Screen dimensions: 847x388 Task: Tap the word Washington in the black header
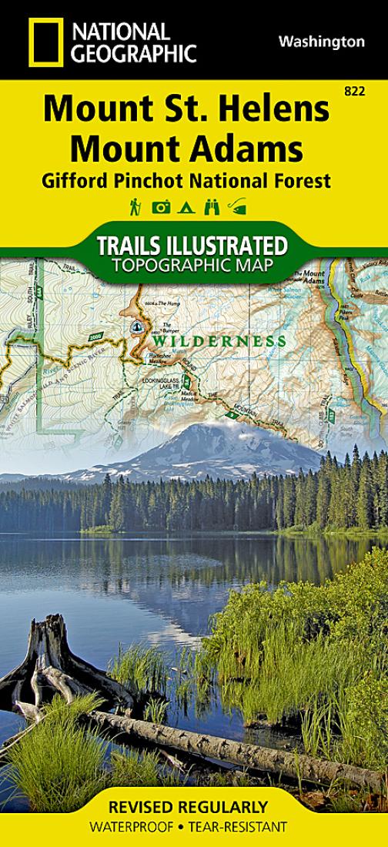(x=322, y=42)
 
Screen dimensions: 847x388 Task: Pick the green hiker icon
(x=135, y=206)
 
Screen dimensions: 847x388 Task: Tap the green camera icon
(x=162, y=206)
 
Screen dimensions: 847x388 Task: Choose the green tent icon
(x=186, y=206)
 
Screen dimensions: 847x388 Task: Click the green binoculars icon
(x=212, y=206)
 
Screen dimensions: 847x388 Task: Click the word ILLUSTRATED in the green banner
(x=229, y=247)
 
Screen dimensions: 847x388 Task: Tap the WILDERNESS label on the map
(x=219, y=340)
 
